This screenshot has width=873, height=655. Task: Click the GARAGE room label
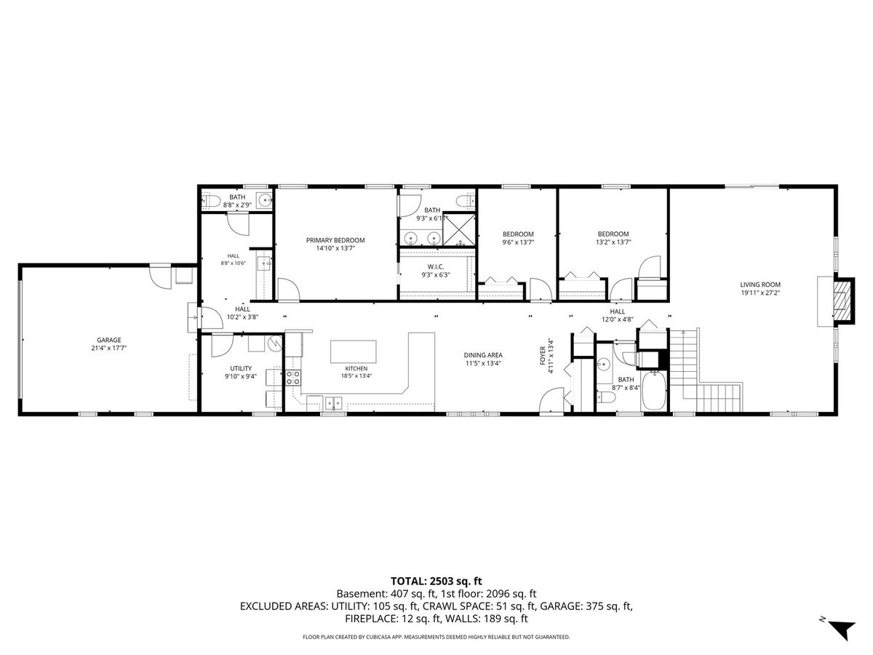pyautogui.click(x=109, y=340)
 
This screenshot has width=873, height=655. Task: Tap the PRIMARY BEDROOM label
pyautogui.click(x=335, y=240)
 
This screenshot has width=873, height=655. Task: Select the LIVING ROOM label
pyautogui.click(x=760, y=285)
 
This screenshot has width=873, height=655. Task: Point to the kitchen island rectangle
pyautogui.click(x=353, y=352)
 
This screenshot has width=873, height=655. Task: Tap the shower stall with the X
pyautogui.click(x=459, y=230)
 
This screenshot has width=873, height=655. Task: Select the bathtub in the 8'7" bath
pyautogui.click(x=653, y=391)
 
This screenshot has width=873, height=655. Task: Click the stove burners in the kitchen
pyautogui.click(x=293, y=378)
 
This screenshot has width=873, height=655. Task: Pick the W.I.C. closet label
pyautogui.click(x=436, y=266)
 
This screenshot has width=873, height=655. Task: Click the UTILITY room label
pyautogui.click(x=241, y=368)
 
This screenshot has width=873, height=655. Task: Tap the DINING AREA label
pyautogui.click(x=483, y=355)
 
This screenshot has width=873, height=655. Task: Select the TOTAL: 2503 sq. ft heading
pyautogui.click(x=436, y=581)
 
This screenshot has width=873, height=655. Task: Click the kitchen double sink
pyautogui.click(x=333, y=402)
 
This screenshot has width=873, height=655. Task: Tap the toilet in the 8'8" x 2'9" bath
pyautogui.click(x=209, y=202)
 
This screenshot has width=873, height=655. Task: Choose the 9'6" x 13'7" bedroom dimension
pyautogui.click(x=517, y=242)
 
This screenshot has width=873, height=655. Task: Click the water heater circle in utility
pyautogui.click(x=274, y=344)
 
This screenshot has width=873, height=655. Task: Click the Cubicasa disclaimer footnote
pyautogui.click(x=436, y=637)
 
